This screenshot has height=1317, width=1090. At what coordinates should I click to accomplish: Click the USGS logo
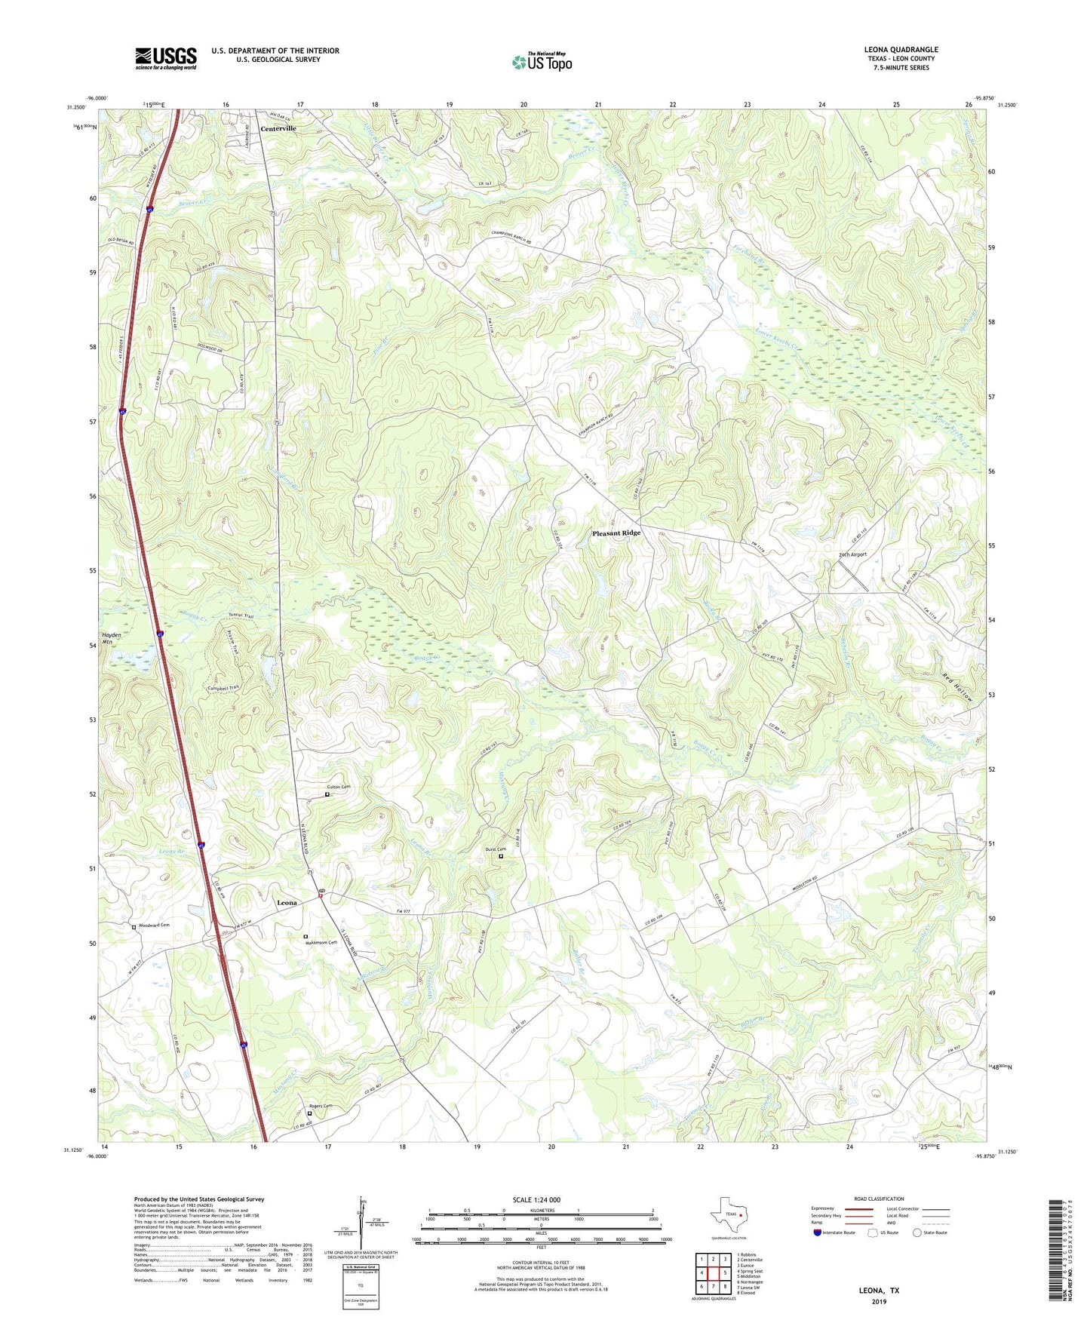coord(166,58)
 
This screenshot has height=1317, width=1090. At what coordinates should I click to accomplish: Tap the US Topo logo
coord(542,62)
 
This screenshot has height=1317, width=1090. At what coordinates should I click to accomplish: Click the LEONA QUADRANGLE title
coord(901,50)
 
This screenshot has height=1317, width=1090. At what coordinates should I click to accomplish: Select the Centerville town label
coord(278,128)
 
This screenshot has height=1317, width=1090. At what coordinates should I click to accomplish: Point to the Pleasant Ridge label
coord(616,533)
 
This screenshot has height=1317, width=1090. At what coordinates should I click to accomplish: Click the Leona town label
coord(287,902)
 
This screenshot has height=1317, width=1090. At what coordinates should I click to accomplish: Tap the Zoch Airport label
coord(852,554)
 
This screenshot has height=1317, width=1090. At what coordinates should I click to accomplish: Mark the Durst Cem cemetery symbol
coord(501,856)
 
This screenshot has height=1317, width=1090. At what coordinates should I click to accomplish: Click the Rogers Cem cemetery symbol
coord(309,1113)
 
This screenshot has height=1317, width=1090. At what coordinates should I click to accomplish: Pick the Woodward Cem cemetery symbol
coord(134,926)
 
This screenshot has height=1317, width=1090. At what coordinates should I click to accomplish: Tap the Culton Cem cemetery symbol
coord(327,794)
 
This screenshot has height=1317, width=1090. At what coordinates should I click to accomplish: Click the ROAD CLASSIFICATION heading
coord(879,1199)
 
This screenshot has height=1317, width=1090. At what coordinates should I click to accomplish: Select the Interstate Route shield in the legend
coord(818,1232)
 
